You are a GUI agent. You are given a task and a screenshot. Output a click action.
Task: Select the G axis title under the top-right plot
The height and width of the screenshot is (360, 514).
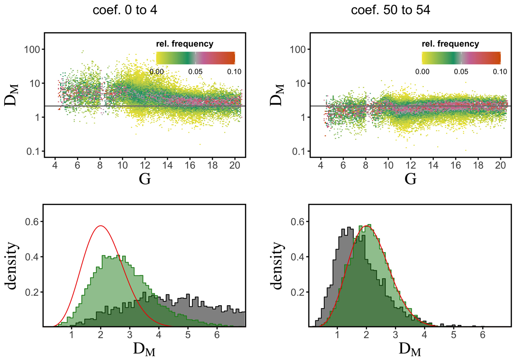coord(410,179)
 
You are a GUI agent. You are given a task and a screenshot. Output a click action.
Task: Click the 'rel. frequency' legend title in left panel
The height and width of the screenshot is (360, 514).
coord(185,44)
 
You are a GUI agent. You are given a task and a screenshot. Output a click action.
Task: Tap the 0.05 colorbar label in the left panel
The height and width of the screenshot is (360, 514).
coord(195,71)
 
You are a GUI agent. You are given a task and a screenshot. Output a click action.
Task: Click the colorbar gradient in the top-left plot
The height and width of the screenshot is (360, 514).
coord(195,57)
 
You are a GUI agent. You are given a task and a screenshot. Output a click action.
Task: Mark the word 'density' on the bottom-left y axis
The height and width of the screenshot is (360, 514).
coord(16,265)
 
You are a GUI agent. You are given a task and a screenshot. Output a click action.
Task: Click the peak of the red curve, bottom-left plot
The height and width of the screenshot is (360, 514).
coord(100,226)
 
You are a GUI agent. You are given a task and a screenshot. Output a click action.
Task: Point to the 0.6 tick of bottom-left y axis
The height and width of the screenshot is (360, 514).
coord(32,221)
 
